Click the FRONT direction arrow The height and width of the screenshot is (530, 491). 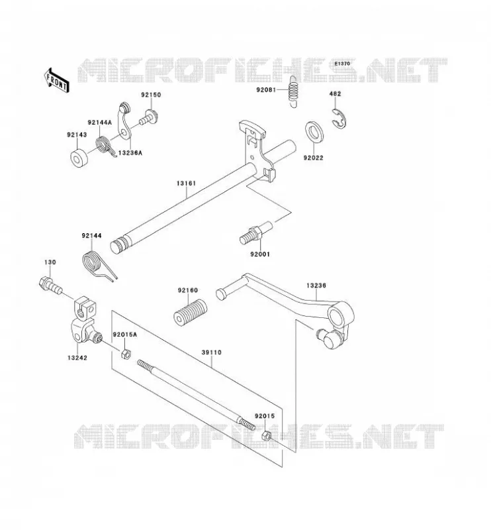coord(57,80)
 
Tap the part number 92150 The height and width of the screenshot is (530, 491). coord(151,95)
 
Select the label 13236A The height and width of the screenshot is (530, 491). coord(130,153)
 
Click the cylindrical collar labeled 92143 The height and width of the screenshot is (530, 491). coord(79,158)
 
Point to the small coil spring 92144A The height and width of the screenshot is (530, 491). coord(105,146)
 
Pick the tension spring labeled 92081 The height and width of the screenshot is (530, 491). coord(293,91)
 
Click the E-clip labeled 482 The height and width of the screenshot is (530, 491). coord(339,119)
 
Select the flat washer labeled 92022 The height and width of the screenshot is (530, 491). coord(314,131)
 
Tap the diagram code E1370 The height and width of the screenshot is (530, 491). coord(342,64)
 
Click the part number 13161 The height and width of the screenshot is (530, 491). coord(186,184)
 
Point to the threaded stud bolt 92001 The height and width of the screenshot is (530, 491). coord(255,233)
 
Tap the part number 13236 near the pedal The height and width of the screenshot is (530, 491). coord(316,286)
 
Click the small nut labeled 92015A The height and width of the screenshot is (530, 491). coord(126,354)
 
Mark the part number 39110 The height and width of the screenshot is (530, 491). coord(211,352)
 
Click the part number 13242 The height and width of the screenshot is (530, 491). coord(77,358)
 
